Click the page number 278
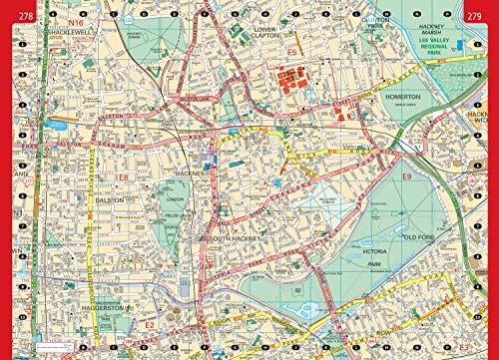[17, 10]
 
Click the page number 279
[481, 10]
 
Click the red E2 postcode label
[148, 325]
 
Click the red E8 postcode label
[123, 178]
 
